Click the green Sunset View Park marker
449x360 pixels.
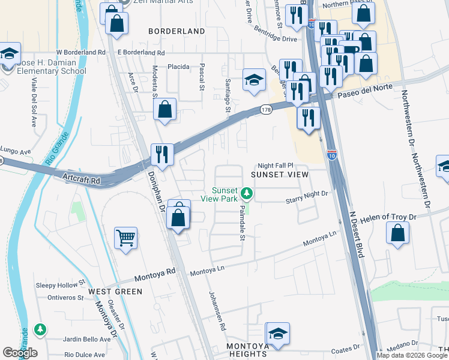coord(246,194)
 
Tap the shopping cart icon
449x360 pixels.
coord(125,238)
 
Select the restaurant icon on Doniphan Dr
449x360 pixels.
coord(161,154)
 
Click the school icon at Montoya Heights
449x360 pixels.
coord(277,333)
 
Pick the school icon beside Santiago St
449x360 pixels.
coord(254,79)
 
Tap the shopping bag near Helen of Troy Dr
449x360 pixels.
coord(397,233)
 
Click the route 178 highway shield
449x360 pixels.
coord(266,109)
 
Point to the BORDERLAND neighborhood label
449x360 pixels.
coord(176,31)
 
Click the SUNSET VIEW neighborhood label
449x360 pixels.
coord(279,175)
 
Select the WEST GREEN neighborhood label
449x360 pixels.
coord(115,292)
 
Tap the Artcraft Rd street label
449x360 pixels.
coord(80,177)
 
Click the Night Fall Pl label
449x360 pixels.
coord(275,165)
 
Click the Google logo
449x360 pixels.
coord(20,353)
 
